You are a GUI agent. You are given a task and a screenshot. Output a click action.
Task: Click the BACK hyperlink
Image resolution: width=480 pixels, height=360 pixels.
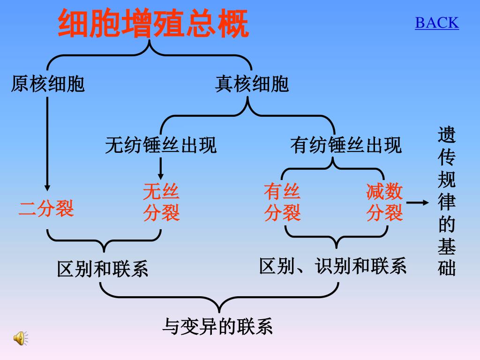(436, 22)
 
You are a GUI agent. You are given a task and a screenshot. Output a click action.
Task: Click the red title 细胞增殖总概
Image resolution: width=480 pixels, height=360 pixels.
(153, 24)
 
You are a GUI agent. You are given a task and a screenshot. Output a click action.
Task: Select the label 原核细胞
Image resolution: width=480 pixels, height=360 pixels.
(48, 84)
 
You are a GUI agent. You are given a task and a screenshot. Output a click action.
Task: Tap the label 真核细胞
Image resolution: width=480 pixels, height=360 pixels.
(252, 84)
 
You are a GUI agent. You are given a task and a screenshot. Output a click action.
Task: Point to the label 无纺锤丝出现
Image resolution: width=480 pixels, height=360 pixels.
(161, 145)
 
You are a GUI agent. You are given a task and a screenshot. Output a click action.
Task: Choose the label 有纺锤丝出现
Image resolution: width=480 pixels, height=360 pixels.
(346, 145)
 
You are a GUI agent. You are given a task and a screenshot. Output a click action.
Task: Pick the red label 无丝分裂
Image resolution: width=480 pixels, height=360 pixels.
(161, 202)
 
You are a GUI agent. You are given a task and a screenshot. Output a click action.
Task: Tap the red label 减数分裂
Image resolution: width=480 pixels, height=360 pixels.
(384, 202)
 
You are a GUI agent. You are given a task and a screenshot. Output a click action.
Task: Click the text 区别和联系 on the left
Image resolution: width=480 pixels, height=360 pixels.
(102, 269)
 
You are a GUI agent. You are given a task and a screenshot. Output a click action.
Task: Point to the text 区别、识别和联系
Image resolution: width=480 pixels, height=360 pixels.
(333, 266)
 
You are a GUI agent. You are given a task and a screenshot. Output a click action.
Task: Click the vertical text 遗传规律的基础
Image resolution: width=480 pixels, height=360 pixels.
(447, 202)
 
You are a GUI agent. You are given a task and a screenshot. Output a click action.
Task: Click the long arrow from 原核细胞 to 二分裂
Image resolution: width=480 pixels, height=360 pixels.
(47, 141)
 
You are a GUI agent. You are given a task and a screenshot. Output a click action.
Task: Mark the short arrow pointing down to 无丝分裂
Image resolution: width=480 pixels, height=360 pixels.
(161, 168)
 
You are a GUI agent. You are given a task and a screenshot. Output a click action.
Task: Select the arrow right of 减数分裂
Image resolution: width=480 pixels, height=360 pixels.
(417, 202)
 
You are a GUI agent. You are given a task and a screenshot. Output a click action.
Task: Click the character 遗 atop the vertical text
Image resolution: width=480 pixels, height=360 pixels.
(447, 135)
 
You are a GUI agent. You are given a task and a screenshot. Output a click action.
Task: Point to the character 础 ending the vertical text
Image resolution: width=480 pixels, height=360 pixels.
(447, 269)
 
